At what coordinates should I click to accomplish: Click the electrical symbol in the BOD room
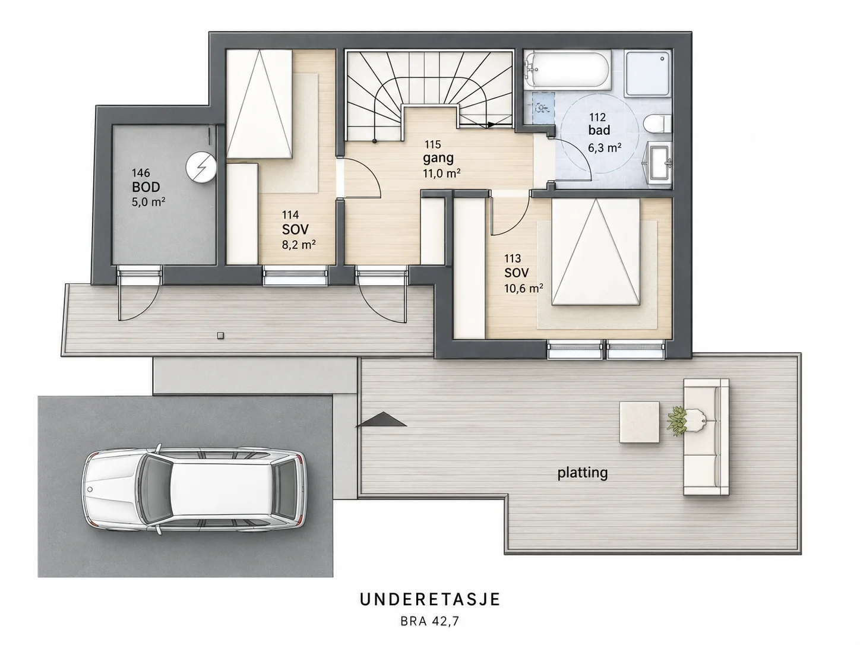201,167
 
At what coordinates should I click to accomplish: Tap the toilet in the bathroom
657,124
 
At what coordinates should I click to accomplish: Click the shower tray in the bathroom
647,73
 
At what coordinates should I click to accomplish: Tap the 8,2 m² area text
299,245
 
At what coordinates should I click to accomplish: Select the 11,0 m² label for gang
441,173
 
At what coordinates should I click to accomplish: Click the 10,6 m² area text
523,289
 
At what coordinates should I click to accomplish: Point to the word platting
583,473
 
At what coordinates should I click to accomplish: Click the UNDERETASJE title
430,600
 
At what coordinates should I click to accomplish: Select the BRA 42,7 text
429,621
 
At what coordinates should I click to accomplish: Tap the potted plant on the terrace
677,421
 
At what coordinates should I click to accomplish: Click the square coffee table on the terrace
640,422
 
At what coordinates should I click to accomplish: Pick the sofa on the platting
706,437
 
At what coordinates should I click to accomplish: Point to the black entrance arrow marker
381,419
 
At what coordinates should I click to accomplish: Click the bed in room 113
596,252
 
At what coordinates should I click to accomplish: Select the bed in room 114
260,104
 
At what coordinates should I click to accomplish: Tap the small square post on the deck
221,335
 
